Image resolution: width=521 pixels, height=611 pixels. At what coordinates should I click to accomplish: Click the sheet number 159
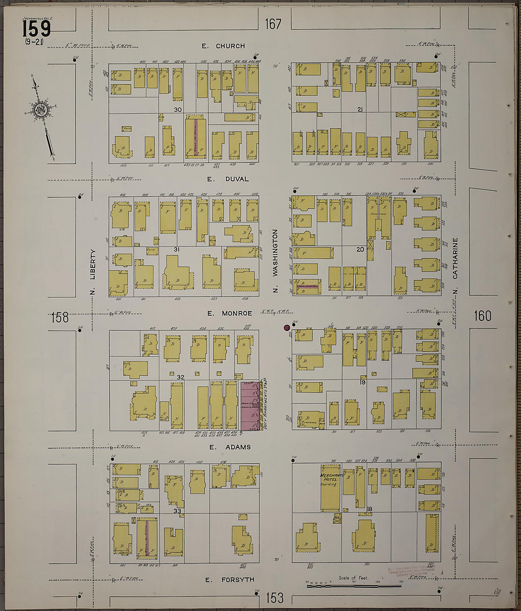pyautogui.click(x=36, y=29)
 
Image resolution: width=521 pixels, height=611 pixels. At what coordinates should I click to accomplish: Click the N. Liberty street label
pyautogui.click(x=93, y=272)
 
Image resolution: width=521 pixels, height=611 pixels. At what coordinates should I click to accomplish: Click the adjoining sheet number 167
pyautogui.click(x=273, y=24)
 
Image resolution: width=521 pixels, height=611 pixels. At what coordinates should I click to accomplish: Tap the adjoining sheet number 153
pyautogui.click(x=274, y=598)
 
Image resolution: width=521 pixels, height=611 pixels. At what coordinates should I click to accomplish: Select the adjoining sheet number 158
pyautogui.click(x=60, y=317)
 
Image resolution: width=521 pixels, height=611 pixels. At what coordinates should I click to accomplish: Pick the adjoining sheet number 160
pyautogui.click(x=482, y=316)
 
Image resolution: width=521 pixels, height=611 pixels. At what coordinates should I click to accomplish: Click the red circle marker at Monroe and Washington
pyautogui.click(x=287, y=327)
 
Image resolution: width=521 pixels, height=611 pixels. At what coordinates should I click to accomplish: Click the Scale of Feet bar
pyautogui.click(x=354, y=586)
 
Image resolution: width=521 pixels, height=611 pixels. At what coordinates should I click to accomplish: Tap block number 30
pyautogui.click(x=178, y=109)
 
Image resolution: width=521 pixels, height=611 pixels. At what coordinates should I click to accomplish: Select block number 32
pyautogui.click(x=180, y=377)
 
